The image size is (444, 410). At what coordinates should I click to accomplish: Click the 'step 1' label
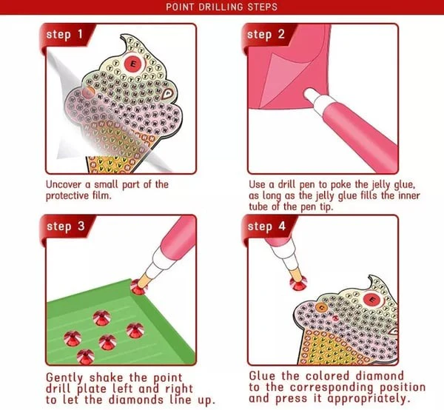[64, 34]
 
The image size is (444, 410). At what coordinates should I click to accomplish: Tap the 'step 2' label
[266, 34]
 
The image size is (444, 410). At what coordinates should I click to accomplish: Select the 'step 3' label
[66, 226]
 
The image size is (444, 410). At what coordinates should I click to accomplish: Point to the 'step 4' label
[266, 226]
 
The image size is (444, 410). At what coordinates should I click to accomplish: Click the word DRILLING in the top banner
[221, 7]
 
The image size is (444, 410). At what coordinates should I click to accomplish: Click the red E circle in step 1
[133, 64]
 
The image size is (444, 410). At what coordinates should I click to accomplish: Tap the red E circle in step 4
[372, 300]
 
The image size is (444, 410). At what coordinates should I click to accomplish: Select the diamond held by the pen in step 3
[139, 286]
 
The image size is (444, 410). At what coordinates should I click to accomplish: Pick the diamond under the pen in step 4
[298, 283]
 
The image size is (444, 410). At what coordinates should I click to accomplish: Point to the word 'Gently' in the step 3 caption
[64, 378]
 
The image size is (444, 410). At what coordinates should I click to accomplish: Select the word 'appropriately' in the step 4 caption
[369, 399]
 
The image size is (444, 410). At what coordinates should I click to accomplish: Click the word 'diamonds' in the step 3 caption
[136, 400]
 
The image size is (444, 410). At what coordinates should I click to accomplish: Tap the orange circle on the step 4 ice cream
[321, 307]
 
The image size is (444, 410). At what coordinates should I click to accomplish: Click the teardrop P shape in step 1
[168, 93]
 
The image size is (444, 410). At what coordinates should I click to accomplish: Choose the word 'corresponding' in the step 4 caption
[332, 388]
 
